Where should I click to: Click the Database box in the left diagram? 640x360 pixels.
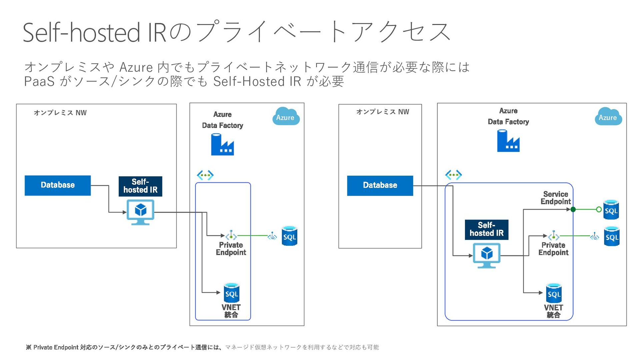(x=58, y=185)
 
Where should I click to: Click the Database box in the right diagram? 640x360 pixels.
(x=380, y=185)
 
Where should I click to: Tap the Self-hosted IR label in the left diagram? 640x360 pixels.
(x=140, y=186)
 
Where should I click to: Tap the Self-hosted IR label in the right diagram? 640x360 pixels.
(x=487, y=229)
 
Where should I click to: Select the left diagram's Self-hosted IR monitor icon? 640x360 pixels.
(x=140, y=212)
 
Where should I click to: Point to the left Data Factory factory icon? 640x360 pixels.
(x=222, y=144)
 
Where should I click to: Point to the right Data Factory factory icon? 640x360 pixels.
(x=508, y=141)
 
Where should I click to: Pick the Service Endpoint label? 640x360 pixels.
(x=556, y=198)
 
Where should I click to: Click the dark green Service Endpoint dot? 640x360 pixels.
(x=573, y=209)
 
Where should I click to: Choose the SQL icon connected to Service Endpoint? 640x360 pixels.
(x=611, y=210)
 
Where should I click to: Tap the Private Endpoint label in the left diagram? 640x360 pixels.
(x=231, y=249)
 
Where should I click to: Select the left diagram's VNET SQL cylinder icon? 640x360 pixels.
(x=232, y=293)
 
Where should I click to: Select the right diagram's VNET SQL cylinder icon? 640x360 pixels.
(x=554, y=293)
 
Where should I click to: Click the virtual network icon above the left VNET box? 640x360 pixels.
(x=205, y=175)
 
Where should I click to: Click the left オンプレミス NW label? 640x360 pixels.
(x=60, y=113)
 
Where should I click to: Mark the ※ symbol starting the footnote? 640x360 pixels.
(x=29, y=347)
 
